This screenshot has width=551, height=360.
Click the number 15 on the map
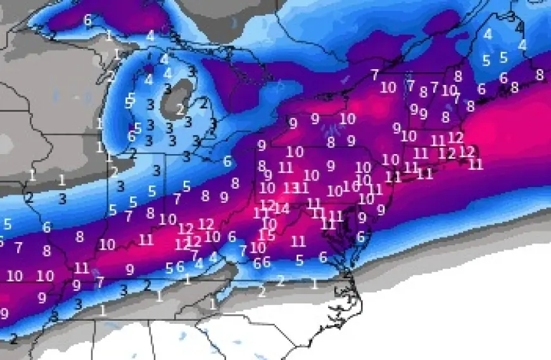[267, 235]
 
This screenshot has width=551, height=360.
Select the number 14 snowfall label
[282, 209]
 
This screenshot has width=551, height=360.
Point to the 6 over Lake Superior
[87, 20]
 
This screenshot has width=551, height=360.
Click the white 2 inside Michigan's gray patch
[180, 109]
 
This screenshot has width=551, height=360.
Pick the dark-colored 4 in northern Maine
[519, 27]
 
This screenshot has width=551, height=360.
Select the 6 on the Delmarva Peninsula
[360, 236]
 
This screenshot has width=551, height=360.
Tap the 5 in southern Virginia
[300, 260]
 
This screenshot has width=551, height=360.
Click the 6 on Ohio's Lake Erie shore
[227, 161]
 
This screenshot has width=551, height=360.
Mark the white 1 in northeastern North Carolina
[314, 283]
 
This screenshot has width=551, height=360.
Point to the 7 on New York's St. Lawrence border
[375, 74]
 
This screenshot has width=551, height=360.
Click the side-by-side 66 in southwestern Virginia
[262, 262]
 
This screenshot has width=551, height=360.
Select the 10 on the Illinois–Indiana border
[107, 244]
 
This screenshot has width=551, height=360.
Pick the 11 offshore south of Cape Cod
[476, 164]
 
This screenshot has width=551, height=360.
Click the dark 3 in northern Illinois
[62, 198]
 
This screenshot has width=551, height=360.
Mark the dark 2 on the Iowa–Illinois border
[28, 197]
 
